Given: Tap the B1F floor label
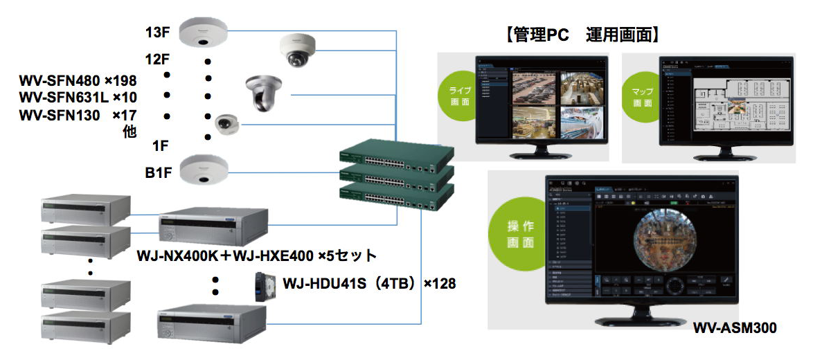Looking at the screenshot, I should click(x=159, y=170).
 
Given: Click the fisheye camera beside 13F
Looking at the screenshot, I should click(x=203, y=33).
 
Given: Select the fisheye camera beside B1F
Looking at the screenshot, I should click(x=203, y=170).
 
